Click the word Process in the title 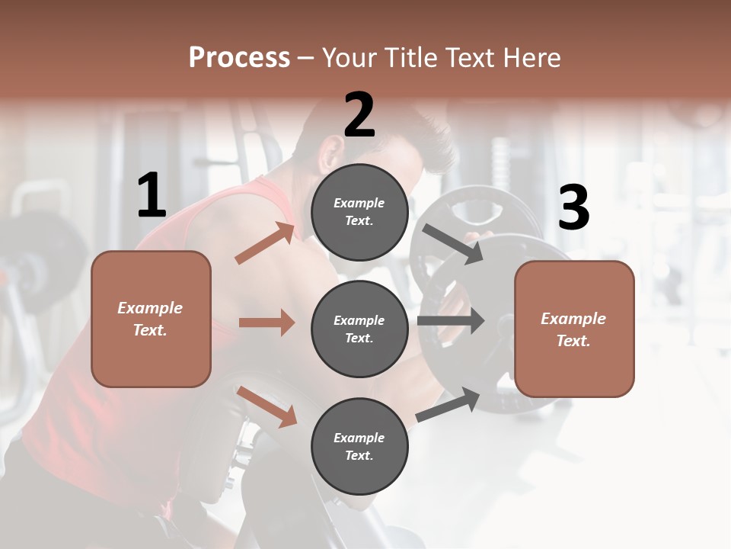pos(239,58)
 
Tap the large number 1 pos(152,196)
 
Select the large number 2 pos(359,115)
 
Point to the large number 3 pos(573,207)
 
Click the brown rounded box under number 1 pos(151,319)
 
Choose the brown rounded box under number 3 pos(574,329)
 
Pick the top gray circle pos(359,211)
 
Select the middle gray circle pos(359,329)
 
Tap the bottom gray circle pos(359,446)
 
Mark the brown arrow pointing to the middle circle pos(267,323)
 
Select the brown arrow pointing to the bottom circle pos(267,406)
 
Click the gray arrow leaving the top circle pos(452,243)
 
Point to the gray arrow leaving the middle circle pos(451,321)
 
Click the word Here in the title pos(533,58)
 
